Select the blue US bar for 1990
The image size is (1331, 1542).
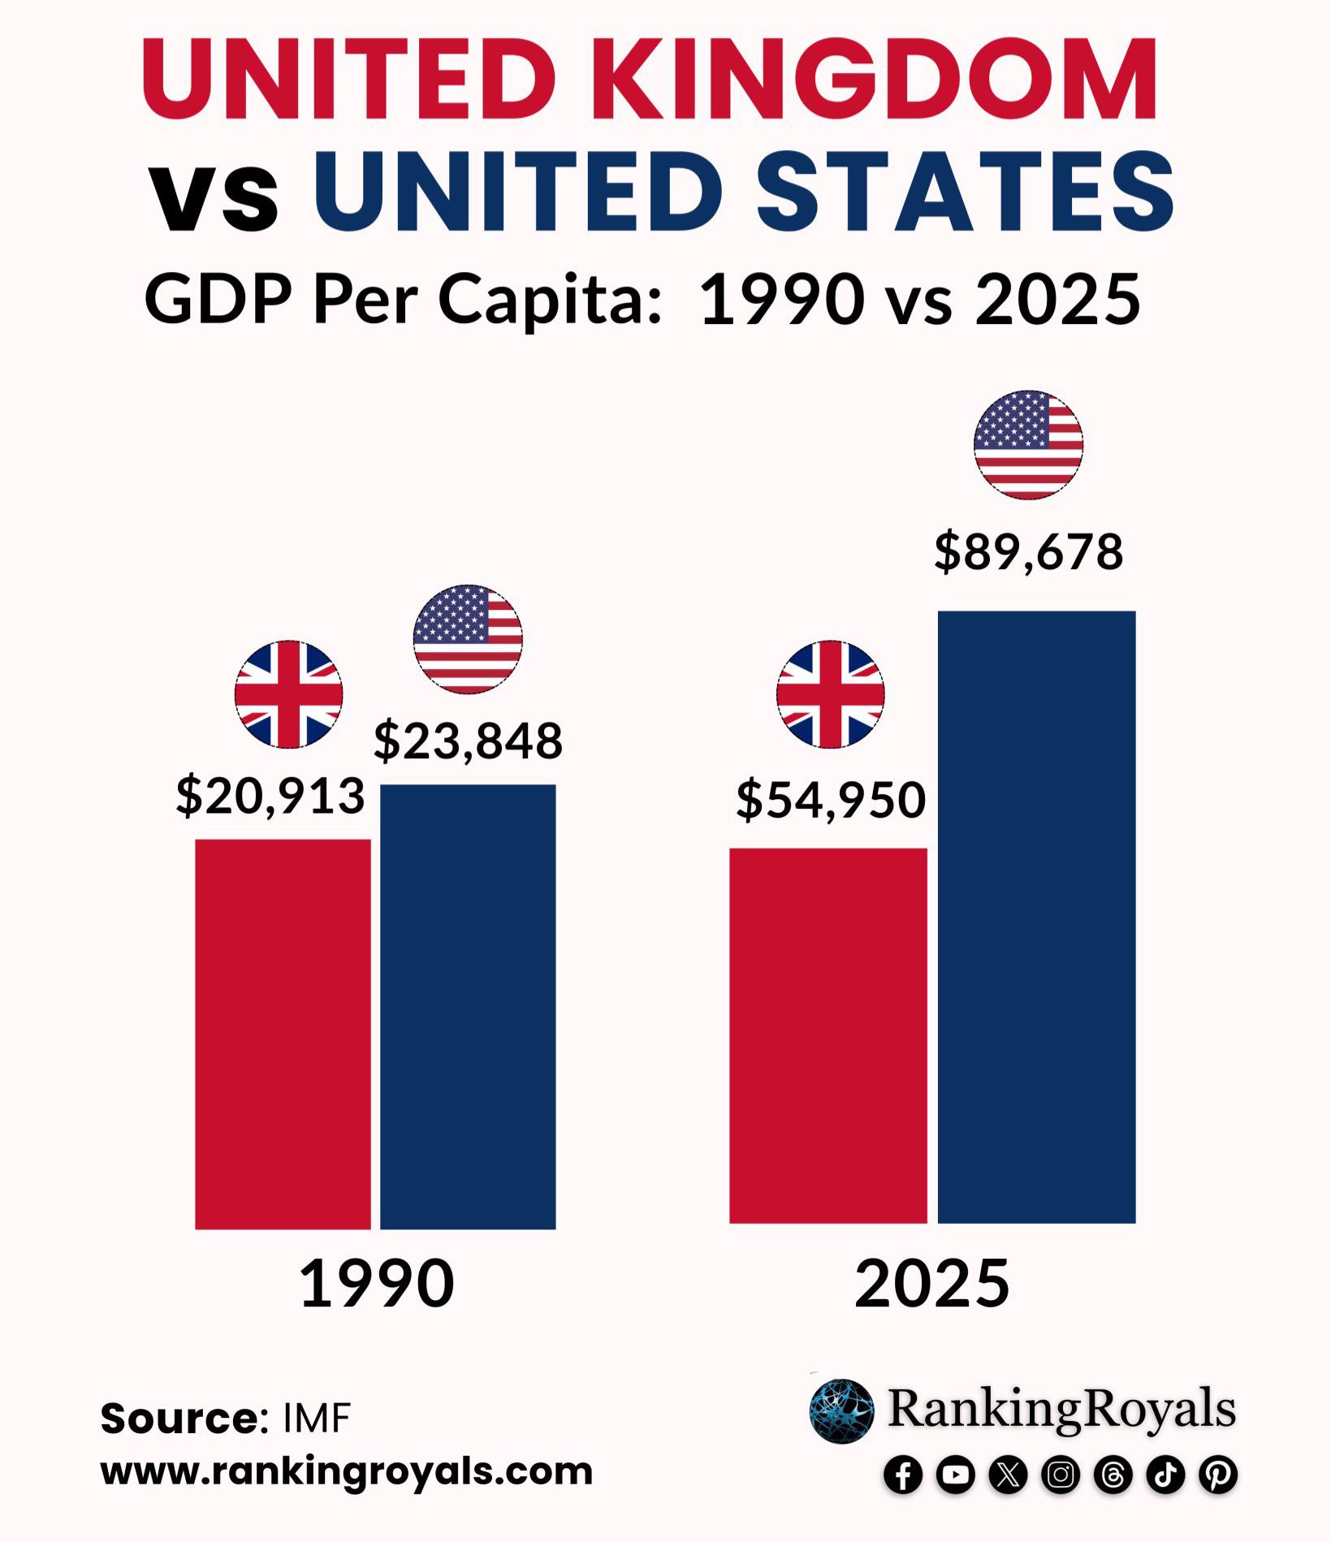[468, 1006]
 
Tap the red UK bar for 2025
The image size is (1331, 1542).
[828, 1034]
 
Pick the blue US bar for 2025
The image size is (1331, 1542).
[1036, 917]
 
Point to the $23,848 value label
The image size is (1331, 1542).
[468, 741]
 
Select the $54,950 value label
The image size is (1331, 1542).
[831, 799]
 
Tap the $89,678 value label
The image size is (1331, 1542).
[1028, 552]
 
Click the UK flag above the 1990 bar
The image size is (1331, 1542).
[288, 694]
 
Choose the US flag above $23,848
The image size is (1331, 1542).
[468, 639]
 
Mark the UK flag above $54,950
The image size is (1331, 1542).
[830, 694]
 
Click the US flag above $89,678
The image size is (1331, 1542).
[1028, 444]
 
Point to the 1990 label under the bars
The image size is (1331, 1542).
[377, 1284]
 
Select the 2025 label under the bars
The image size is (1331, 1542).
[931, 1284]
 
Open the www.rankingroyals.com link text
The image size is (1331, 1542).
[347, 1471]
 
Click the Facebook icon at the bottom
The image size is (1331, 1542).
[903, 1475]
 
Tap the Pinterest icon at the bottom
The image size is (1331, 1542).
[1218, 1475]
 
